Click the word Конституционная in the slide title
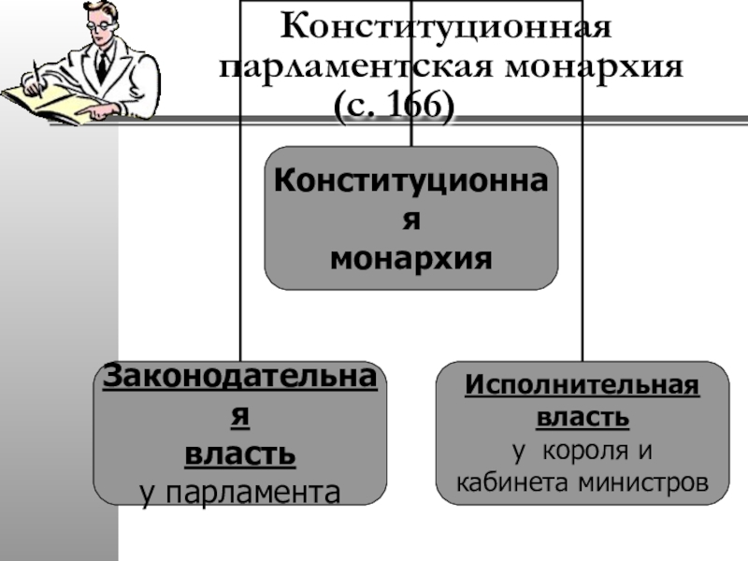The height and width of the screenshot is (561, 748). point(447,26)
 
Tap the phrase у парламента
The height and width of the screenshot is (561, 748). point(240,490)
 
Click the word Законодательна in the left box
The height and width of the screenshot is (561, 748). point(240,379)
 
